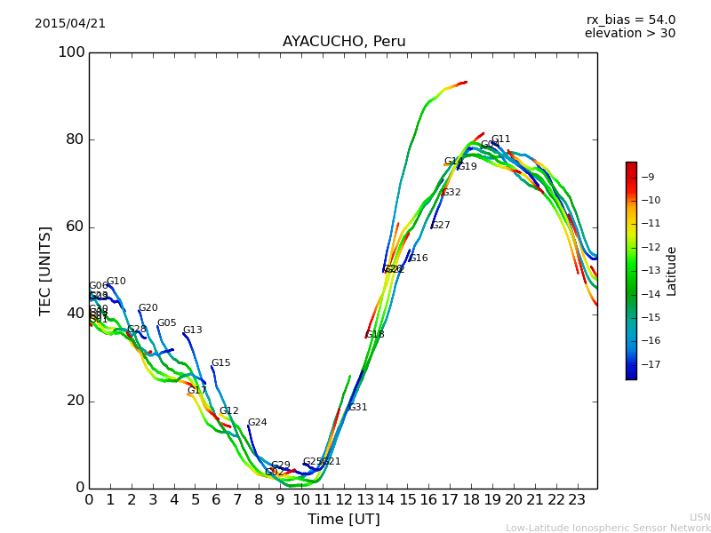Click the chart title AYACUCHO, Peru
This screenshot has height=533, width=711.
coord(344,42)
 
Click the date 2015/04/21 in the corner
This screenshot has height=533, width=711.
coord(70,24)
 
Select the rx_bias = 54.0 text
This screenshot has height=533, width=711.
coord(630,20)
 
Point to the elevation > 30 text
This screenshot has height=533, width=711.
coord(629,34)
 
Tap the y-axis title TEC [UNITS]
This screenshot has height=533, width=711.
coord(45,270)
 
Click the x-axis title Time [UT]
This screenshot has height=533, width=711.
coord(343,520)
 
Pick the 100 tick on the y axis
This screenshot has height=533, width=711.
coord(71,52)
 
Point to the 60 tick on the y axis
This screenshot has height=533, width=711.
coord(76,227)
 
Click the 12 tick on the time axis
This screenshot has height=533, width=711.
coord(344,500)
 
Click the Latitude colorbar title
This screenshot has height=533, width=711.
coord(672,271)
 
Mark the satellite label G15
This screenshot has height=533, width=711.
coord(220,363)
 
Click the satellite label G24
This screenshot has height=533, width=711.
coord(257,423)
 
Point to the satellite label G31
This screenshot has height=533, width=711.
coord(357,408)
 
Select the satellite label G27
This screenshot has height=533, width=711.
coord(441,226)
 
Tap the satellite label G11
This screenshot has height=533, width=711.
coord(500,139)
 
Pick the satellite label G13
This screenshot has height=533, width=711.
coord(193,330)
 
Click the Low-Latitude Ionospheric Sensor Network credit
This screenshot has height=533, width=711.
coord(608,529)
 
